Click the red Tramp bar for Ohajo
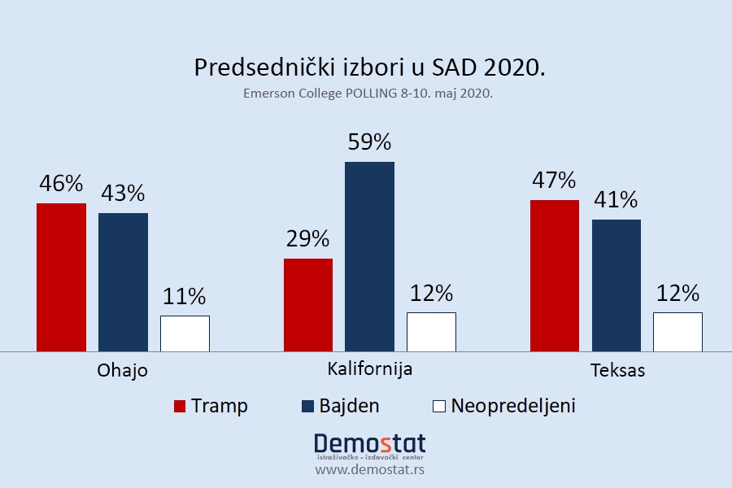(61, 277)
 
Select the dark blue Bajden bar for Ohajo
(123, 282)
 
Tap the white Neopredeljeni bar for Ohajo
(185, 333)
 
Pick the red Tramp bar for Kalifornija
(307, 305)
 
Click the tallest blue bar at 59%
(369, 256)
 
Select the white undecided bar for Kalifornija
(431, 332)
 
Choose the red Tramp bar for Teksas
(555, 276)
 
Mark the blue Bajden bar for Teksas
(616, 285)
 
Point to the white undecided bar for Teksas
(678, 332)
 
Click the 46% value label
(62, 185)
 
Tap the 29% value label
(307, 239)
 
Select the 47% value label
(554, 181)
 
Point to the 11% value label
(185, 296)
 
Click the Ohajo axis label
(122, 371)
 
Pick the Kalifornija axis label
(369, 368)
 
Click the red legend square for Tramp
(181, 406)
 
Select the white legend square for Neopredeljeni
(439, 406)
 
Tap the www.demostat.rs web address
(369, 469)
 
